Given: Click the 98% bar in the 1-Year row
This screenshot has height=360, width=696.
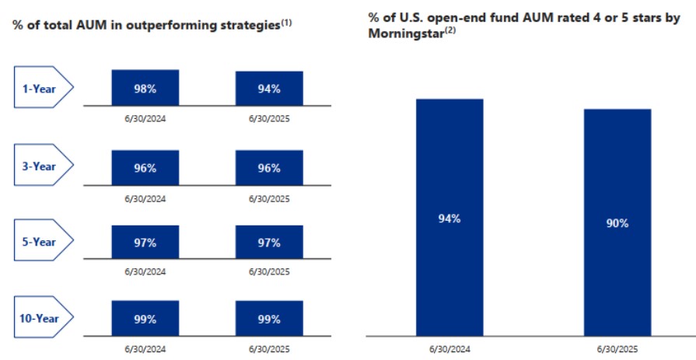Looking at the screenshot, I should pos(145,88).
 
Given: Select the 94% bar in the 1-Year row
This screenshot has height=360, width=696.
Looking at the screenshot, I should pos(269,89).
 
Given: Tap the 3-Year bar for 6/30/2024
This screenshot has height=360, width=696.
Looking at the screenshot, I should pos(145,167).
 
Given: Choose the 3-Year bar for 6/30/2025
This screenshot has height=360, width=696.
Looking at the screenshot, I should pos(269,167).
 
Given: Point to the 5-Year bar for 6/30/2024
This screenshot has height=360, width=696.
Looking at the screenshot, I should pos(145,243).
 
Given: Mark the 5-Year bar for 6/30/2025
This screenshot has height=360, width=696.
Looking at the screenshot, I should pos(269,243).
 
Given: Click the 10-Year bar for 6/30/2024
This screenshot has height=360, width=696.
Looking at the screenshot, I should pos(145,320).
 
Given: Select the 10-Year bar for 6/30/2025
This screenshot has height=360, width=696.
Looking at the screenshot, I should pos(269,320).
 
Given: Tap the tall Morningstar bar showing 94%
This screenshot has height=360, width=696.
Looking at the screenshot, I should pos(449,218).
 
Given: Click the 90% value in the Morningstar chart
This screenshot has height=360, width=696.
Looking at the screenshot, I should pos(618,223).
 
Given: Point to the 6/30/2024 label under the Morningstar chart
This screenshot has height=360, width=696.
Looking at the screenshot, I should pos(449,349).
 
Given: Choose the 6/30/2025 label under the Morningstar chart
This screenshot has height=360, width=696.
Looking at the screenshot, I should pos(618,349).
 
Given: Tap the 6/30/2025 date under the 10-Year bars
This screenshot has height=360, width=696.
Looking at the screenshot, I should pos(269,348).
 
